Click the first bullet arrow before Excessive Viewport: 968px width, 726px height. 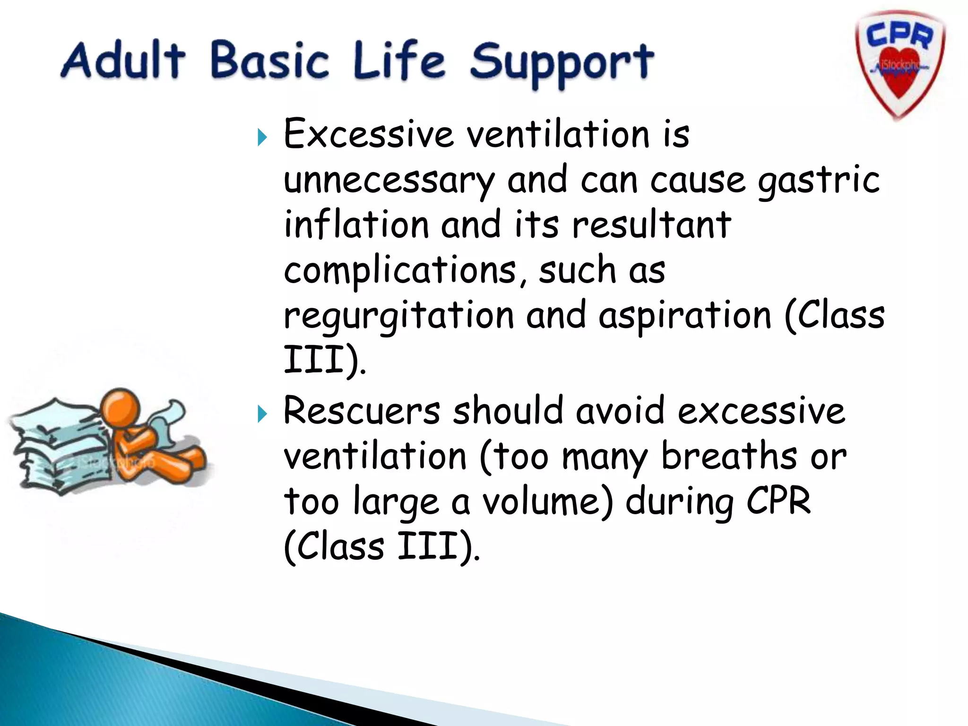262,138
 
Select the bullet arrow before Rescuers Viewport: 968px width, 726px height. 262,415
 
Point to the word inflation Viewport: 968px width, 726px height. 356,225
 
